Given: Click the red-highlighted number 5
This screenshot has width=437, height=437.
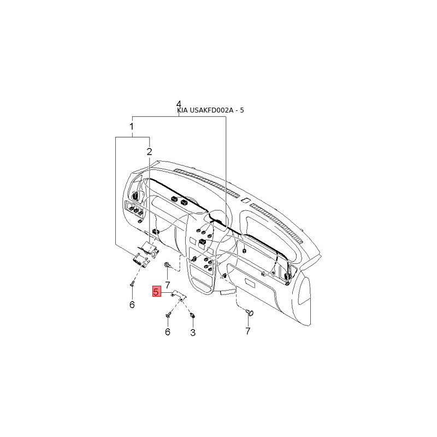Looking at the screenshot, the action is (x=157, y=292).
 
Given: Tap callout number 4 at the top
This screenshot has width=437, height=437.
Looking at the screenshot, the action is (x=179, y=104).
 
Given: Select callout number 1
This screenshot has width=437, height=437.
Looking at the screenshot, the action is (x=132, y=127).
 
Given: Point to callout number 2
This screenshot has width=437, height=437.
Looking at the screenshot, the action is (x=149, y=152).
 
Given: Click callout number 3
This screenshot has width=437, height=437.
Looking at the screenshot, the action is (x=193, y=333).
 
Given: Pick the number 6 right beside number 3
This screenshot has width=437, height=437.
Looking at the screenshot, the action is (x=168, y=332).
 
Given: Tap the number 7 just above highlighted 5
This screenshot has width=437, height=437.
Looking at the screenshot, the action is (x=168, y=285).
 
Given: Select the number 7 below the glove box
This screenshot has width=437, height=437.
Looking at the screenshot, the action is (x=248, y=331).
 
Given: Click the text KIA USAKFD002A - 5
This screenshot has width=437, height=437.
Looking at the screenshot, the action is (x=210, y=110).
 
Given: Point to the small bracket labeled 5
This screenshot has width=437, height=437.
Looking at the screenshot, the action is (x=179, y=294).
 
